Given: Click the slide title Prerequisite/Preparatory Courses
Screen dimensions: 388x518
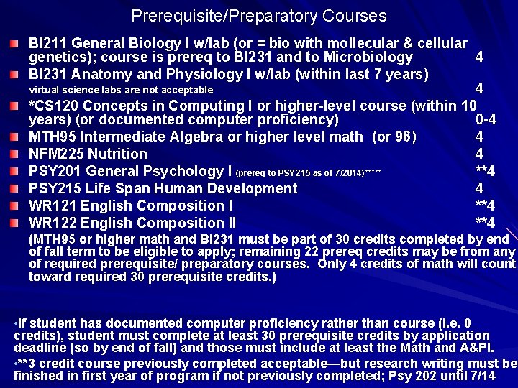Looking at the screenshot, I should point(259,16).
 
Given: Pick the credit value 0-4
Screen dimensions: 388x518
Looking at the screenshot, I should point(486,119).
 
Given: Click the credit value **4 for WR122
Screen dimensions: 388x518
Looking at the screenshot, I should point(485,223).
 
